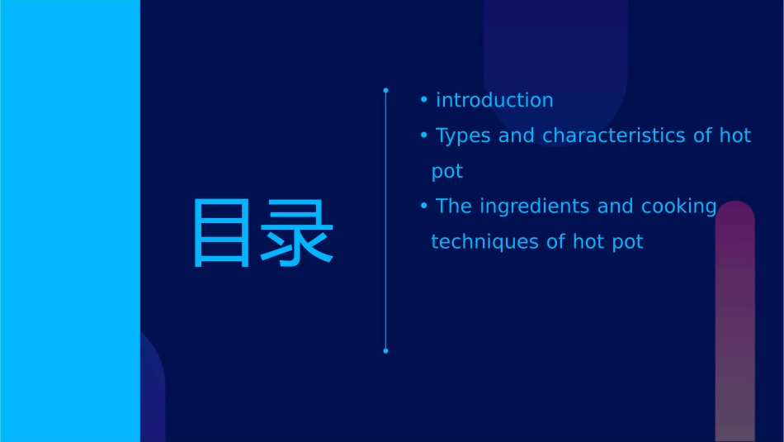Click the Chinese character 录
(299, 232)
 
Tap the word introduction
(494, 100)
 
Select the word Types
(463, 135)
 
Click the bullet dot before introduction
(423, 100)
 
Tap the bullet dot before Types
(423, 135)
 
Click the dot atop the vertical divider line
(385, 90)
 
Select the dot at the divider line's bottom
(385, 351)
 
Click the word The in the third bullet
(453, 207)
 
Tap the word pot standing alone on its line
(447, 172)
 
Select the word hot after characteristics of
(734, 135)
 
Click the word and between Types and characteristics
(517, 135)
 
